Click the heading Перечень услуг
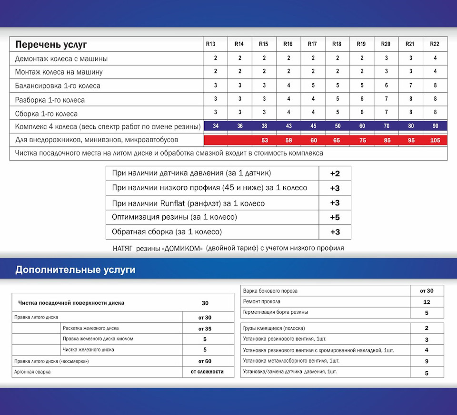tap(51, 45)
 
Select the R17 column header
tap(312, 44)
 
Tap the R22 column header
tap(434, 44)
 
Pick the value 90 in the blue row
tap(434, 126)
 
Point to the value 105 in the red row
tap(434, 140)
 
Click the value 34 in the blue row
tap(215, 126)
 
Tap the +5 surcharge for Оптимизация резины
tap(335, 217)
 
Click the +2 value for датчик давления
tap(335, 173)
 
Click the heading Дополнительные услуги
tap(75, 270)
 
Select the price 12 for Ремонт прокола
tap(427, 302)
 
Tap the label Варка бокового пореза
tap(270, 291)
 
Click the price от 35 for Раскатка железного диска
tap(205, 328)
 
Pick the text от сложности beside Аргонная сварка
tap(207, 372)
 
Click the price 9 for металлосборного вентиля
tap(427, 361)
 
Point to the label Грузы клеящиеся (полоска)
tap(274, 328)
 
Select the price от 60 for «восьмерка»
tap(205, 361)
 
